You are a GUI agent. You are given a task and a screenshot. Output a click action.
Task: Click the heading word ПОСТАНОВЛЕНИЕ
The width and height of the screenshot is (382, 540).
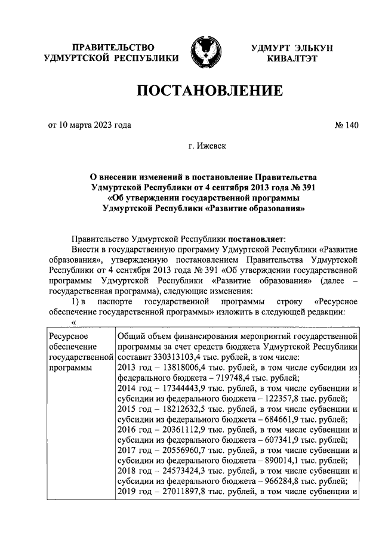(x=210, y=91)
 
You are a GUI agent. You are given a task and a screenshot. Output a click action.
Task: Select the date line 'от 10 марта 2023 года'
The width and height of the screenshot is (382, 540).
(x=90, y=125)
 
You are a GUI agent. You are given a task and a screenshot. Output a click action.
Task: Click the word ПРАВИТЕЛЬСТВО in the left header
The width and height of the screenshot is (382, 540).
(x=113, y=47)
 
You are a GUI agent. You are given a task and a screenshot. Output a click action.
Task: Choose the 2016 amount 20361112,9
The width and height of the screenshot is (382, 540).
(x=179, y=431)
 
